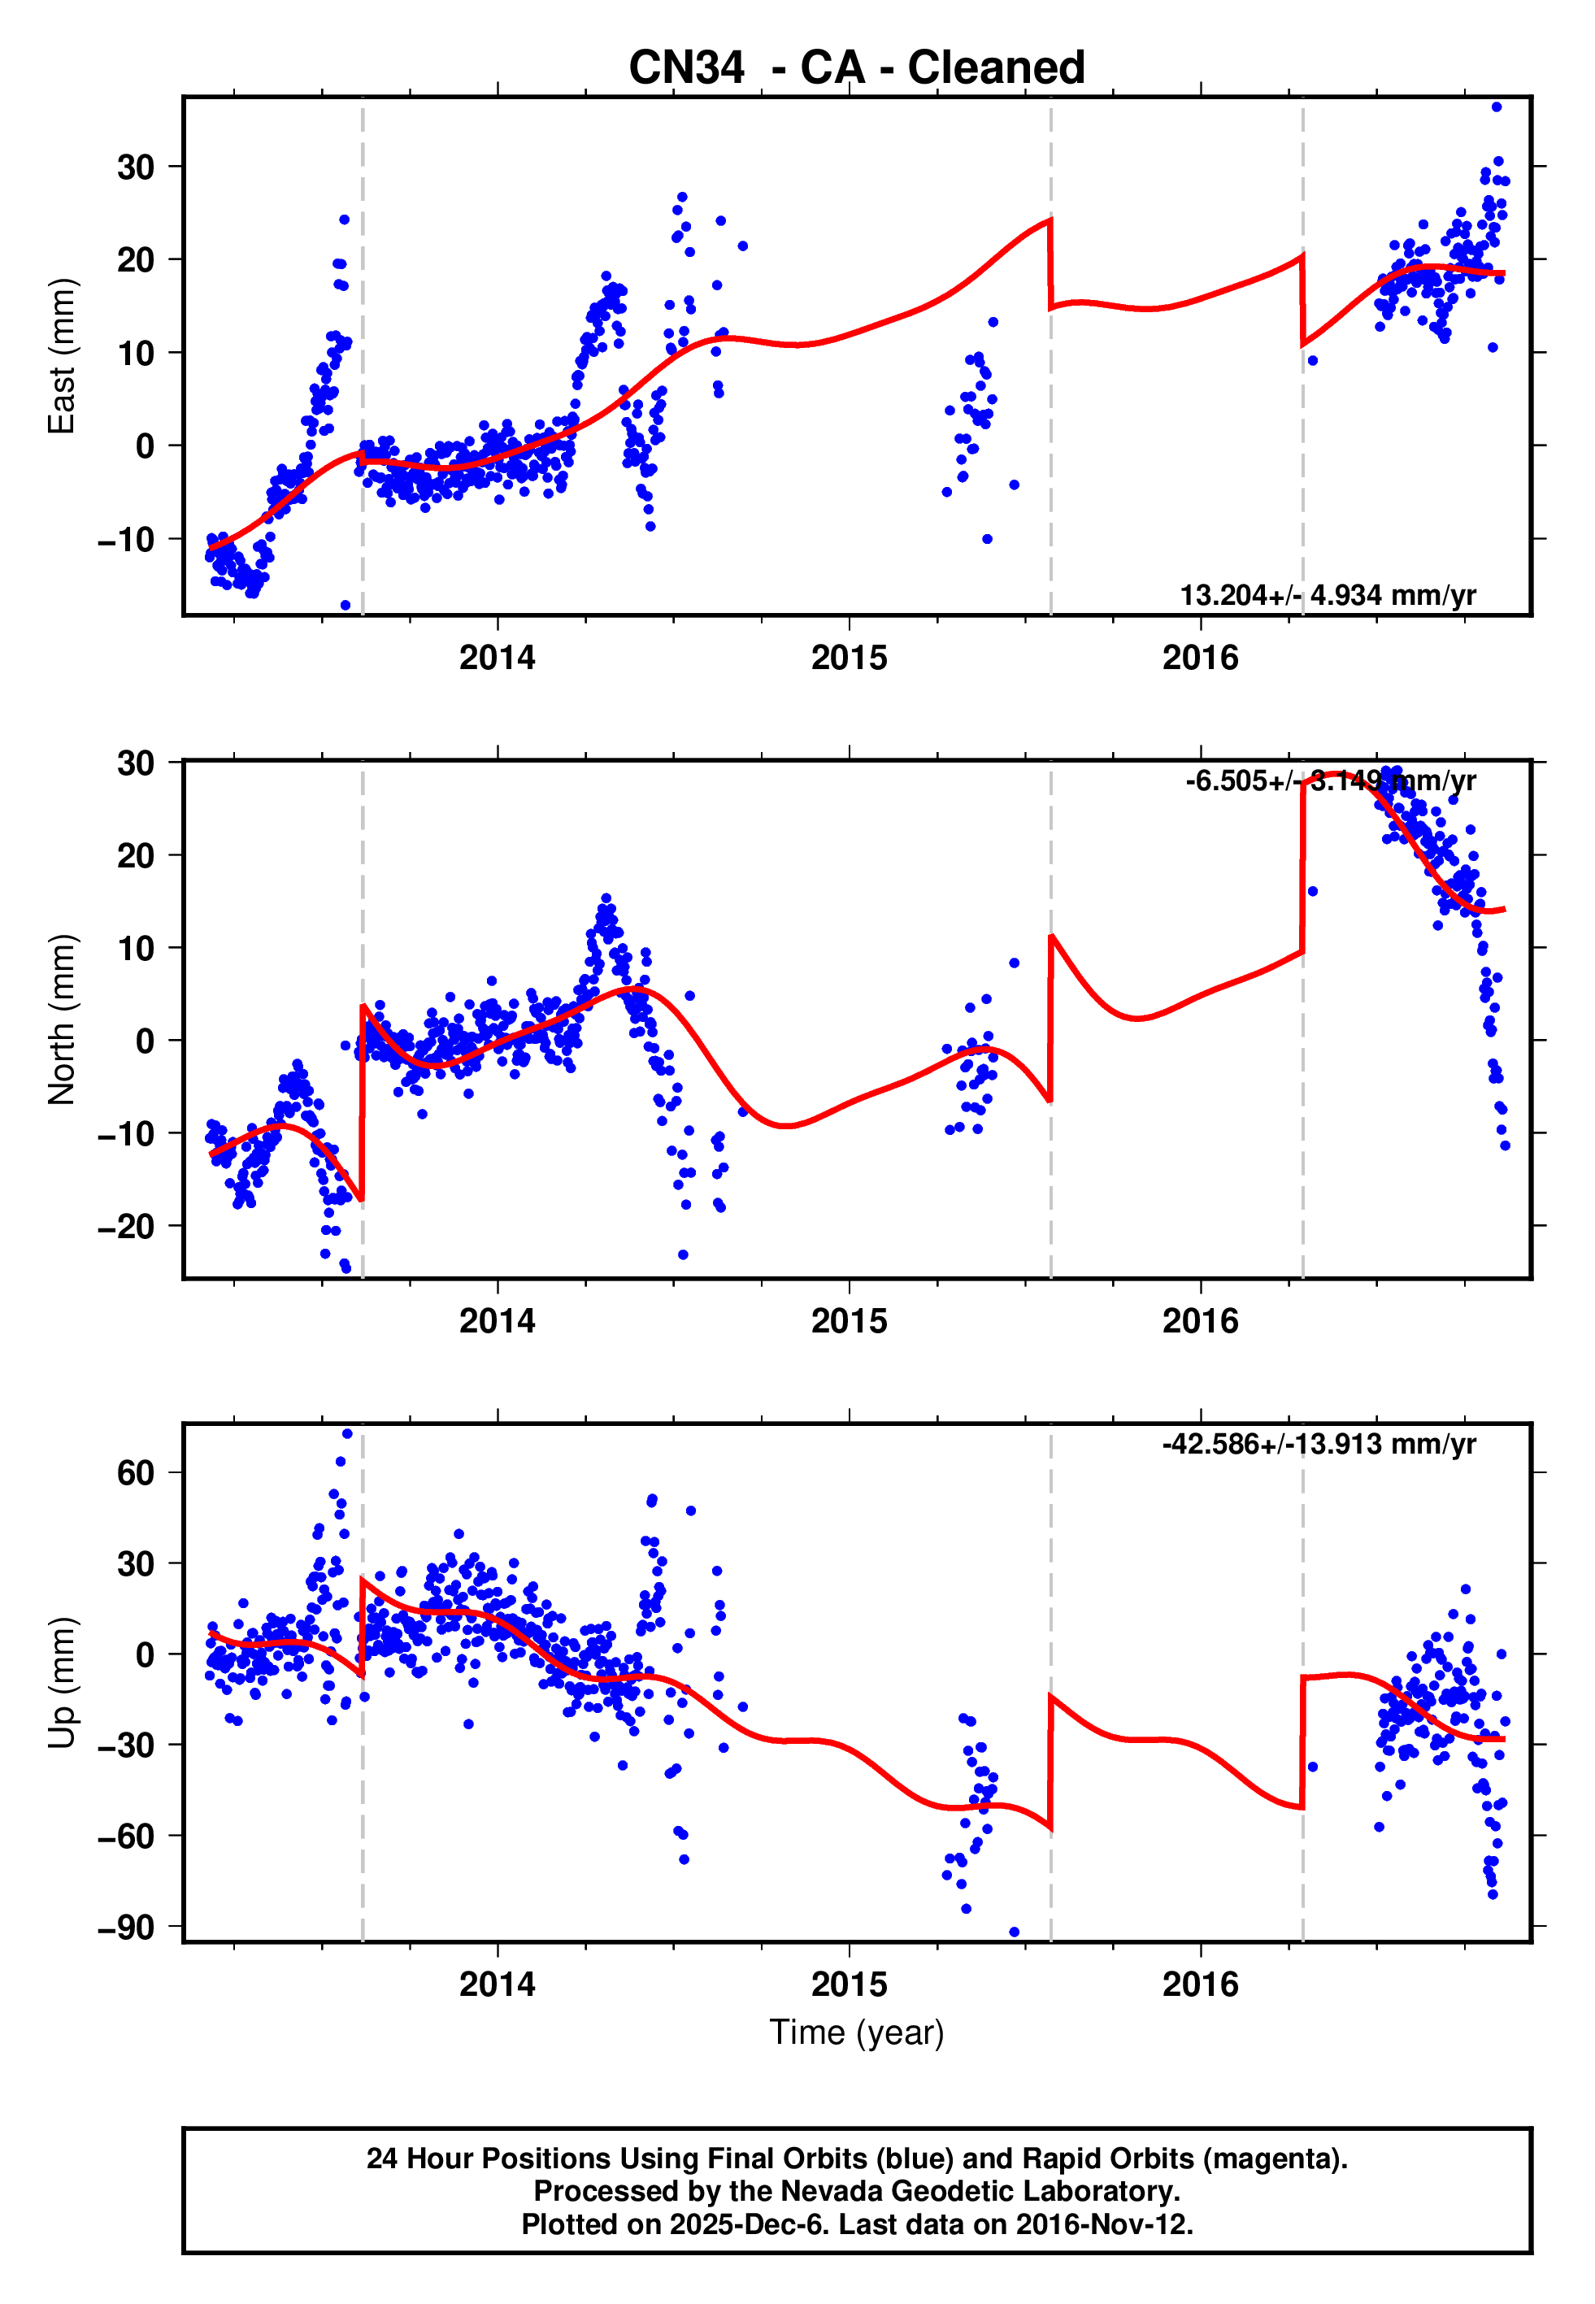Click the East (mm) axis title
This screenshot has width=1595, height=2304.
point(62,356)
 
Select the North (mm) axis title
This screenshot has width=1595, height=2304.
point(62,1019)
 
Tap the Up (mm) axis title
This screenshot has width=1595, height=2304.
point(62,1683)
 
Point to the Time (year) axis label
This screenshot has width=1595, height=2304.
point(857,2032)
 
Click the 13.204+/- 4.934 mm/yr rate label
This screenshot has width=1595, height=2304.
point(1328,595)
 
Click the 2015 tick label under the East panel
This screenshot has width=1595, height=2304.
point(849,658)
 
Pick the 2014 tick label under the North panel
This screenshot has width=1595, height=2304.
point(497,1321)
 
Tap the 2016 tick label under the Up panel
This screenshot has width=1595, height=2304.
point(1199,1984)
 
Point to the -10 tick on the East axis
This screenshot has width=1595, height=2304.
point(126,540)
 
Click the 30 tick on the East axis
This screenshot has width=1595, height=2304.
point(136,167)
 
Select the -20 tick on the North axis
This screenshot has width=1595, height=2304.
point(126,1226)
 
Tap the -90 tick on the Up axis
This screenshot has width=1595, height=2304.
point(126,1928)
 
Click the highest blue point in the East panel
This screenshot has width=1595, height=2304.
point(1496,107)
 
